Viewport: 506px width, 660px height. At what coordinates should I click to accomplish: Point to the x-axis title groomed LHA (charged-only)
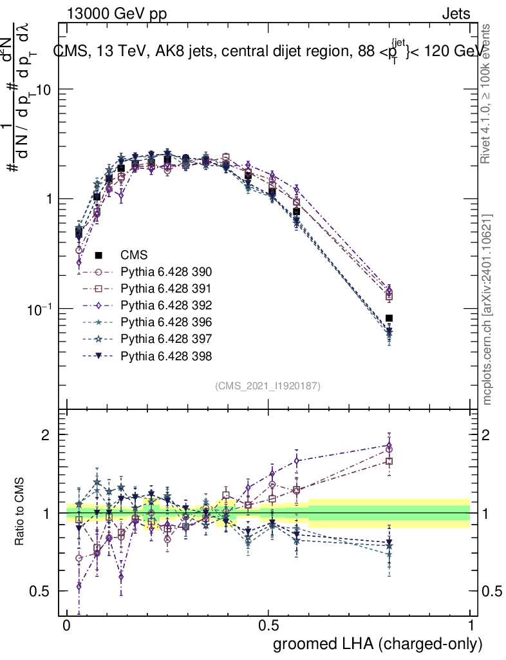tap(379, 644)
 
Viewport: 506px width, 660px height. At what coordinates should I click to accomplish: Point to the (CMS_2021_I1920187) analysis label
tap(268, 386)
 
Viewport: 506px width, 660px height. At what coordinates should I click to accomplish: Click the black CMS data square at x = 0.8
tap(389, 318)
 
